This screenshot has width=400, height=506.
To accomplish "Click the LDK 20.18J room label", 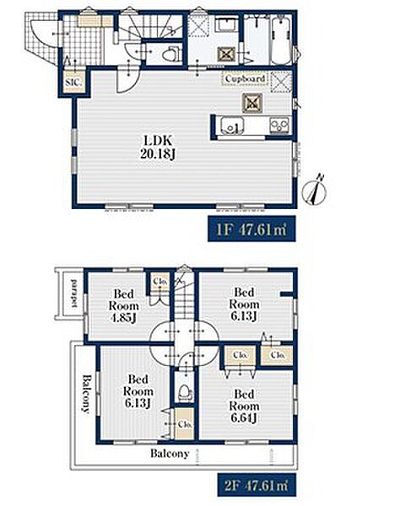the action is point(158,147).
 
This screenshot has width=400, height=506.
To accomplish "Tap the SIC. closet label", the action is point(73,82).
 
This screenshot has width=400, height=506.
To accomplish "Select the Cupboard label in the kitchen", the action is point(245,78).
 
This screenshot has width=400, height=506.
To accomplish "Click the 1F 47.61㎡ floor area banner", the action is point(251,229).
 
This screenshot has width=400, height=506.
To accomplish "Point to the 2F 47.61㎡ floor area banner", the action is point(257,485).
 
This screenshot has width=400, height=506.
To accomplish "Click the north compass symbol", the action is point(315,191).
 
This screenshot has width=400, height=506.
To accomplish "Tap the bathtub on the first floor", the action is point(282,40).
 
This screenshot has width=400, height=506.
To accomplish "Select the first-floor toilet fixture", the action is point(171,54).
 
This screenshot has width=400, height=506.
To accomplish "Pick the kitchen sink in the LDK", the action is point(231,126).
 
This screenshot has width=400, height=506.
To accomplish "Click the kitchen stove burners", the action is point(280,125).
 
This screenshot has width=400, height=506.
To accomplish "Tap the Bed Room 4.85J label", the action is point(124,305).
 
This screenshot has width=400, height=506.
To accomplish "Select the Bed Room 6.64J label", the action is point(244,406).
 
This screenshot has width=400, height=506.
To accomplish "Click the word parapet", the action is point(74,293).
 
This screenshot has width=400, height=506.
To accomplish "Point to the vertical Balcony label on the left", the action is point(85,393).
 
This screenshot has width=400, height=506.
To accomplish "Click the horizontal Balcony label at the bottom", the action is point(170,454).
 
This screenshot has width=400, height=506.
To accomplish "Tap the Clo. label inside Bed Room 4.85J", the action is point(160,281).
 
